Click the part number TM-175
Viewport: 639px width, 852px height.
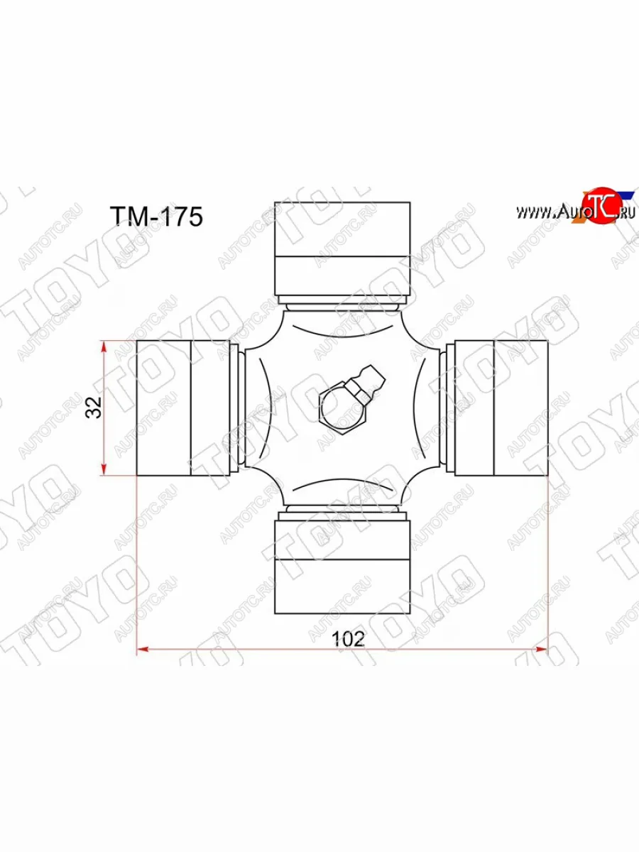156,217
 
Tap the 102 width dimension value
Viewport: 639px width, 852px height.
348,638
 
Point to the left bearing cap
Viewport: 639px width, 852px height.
182,408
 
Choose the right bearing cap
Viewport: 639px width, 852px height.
501,408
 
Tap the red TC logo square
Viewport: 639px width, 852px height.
600,208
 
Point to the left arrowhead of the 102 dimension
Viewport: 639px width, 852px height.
141,648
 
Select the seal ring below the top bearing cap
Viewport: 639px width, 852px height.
342,300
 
